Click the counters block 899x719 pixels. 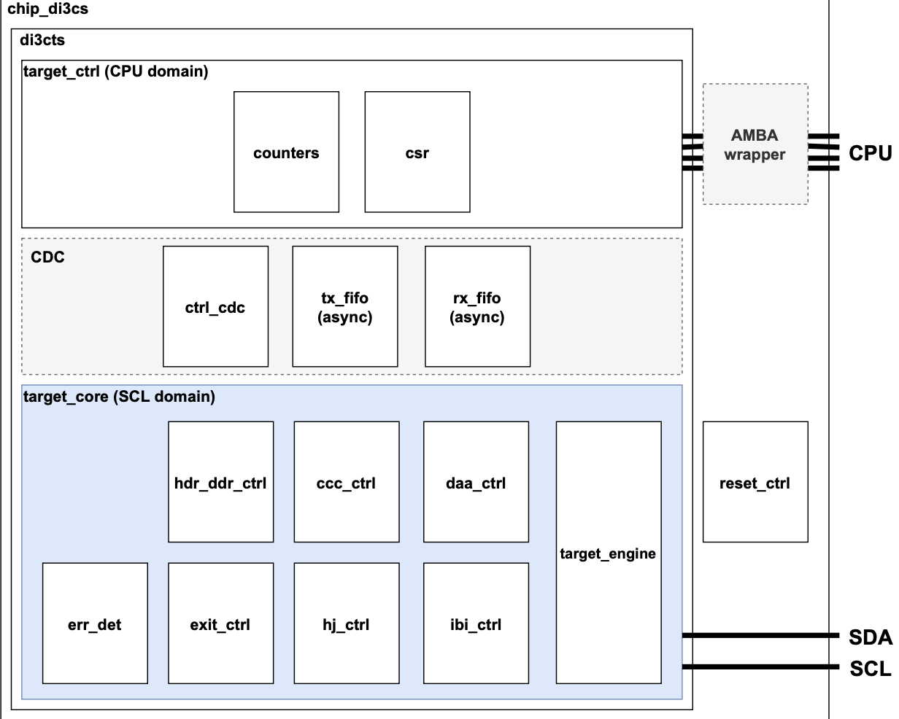click(286, 152)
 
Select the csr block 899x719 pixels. click(417, 152)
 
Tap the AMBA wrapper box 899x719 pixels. click(755, 144)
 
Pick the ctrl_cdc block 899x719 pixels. click(215, 306)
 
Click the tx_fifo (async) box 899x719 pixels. click(345, 306)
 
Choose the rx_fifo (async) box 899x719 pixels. click(477, 306)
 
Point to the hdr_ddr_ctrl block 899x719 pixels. click(220, 482)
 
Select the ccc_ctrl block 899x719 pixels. click(347, 482)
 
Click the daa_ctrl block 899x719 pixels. click(476, 482)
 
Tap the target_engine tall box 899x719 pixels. click(609, 552)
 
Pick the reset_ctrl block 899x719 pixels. click(755, 482)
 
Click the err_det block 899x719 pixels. click(95, 623)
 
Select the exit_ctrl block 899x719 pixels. click(220, 623)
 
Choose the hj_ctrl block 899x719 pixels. click(347, 623)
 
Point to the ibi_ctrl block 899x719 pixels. click(476, 623)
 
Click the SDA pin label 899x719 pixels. click(870, 637)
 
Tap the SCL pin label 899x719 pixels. click(870, 668)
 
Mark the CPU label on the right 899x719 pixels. click(870, 153)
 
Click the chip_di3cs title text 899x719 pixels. click(47, 10)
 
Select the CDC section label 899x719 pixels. click(47, 257)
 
